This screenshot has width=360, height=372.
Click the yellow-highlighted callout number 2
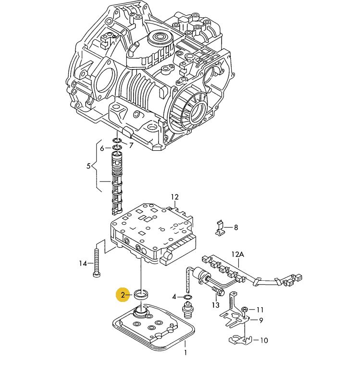click(x=123, y=295)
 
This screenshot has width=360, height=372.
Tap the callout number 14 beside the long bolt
click(x=83, y=264)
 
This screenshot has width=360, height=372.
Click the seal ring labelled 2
click(x=141, y=294)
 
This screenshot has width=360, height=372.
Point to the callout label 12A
click(x=238, y=254)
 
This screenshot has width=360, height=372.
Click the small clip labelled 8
click(x=220, y=228)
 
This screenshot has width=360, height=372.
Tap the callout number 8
click(x=236, y=228)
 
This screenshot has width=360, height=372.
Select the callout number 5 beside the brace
click(x=88, y=166)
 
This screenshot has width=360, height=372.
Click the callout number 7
click(x=131, y=145)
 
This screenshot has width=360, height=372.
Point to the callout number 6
click(x=102, y=148)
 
